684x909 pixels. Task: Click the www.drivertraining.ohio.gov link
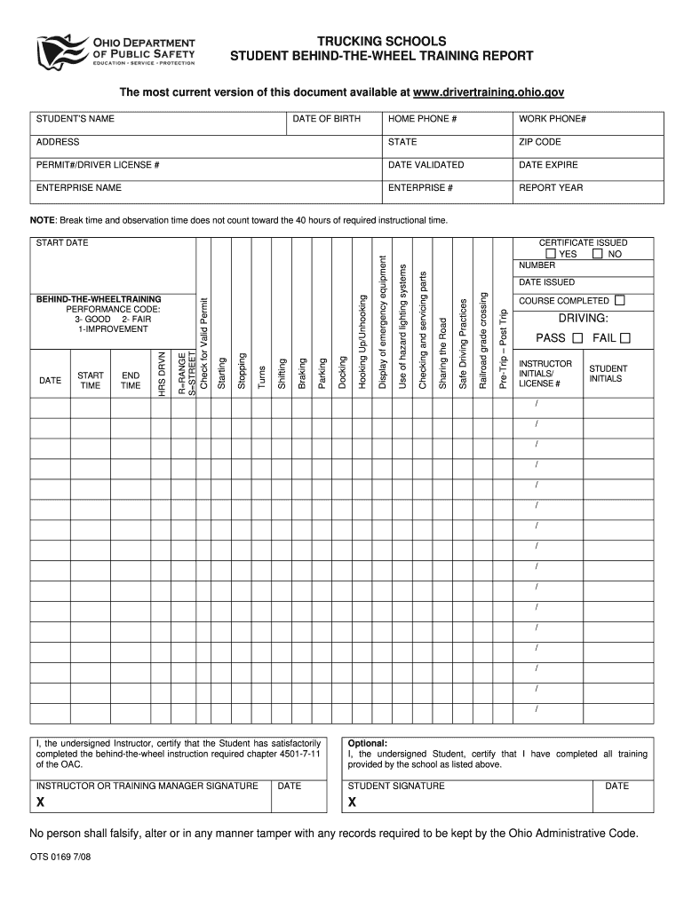click(x=489, y=92)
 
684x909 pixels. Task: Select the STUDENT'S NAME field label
click(x=76, y=119)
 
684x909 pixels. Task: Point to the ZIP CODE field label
click(x=540, y=142)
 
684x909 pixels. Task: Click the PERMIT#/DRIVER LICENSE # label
click(x=98, y=165)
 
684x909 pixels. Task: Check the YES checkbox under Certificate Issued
click(x=552, y=254)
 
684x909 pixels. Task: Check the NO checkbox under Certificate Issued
click(x=598, y=254)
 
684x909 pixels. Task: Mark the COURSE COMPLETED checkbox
click(x=619, y=300)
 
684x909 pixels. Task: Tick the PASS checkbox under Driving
click(x=577, y=338)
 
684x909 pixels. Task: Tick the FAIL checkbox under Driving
click(x=624, y=338)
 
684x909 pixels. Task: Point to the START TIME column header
click(x=91, y=381)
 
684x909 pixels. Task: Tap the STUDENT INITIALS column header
click(x=608, y=374)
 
